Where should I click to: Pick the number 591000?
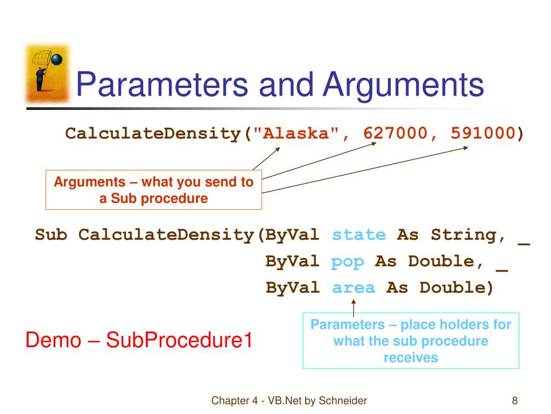pyautogui.click(x=483, y=133)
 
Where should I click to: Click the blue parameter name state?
pyautogui.click(x=359, y=235)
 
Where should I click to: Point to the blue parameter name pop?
pyautogui.click(x=348, y=261)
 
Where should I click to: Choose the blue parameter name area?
pyautogui.click(x=354, y=288)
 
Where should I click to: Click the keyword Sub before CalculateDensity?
pyautogui.click(x=51, y=235)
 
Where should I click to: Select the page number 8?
pyautogui.click(x=515, y=401)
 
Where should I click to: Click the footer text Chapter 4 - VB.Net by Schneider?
pyautogui.click(x=289, y=401)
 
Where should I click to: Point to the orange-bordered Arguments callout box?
pyautogui.click(x=153, y=190)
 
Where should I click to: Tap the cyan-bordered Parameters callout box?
pyautogui.click(x=411, y=340)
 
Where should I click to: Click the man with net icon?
pyautogui.click(x=47, y=73)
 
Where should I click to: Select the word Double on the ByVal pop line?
pyautogui.click(x=441, y=261)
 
